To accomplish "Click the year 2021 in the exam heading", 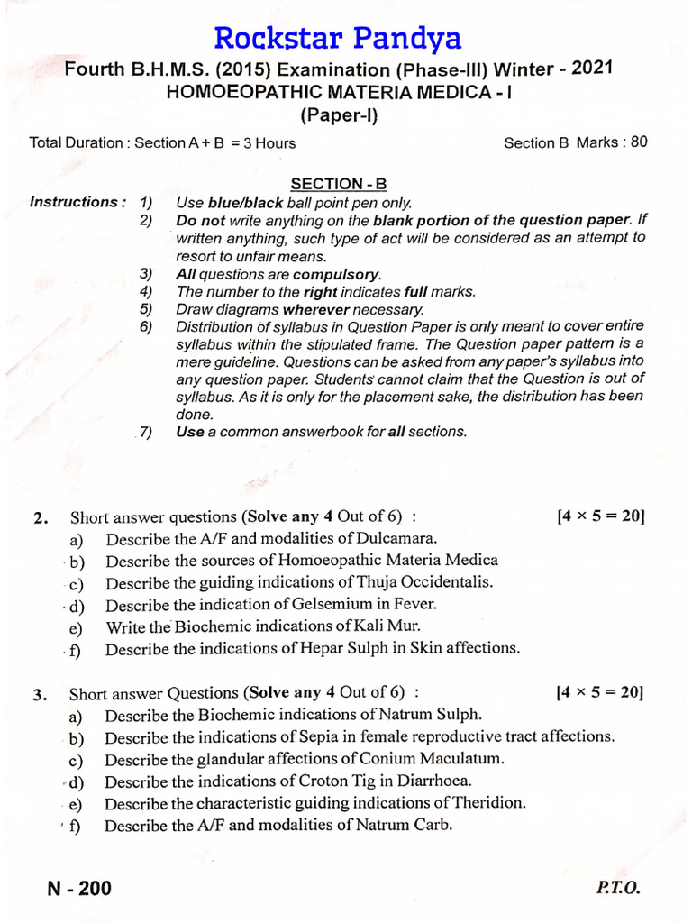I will coord(620,69).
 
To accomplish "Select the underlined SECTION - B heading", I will coord(338,184).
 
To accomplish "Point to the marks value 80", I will coord(638,142).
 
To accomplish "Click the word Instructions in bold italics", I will coord(77,202).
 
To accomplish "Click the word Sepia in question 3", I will coord(338,737).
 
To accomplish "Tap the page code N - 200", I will coord(80,889).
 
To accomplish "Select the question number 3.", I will coord(39,695).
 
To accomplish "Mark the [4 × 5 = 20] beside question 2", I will coord(601,516).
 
